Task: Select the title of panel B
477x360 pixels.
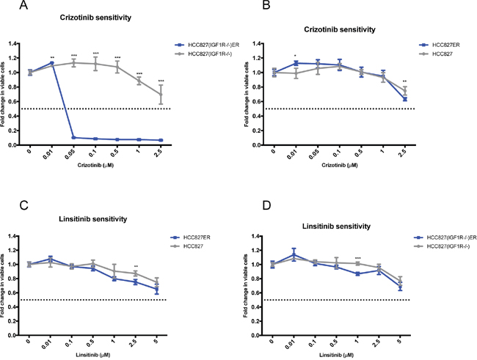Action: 339,30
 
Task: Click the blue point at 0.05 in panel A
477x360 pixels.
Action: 73,137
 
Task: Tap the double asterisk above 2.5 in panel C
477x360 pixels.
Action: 136,265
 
